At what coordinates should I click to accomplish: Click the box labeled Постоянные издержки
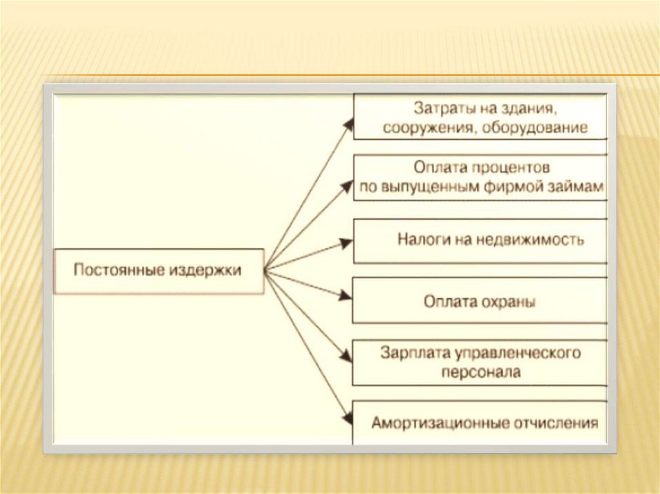point(158,271)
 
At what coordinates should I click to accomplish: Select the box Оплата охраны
point(480,301)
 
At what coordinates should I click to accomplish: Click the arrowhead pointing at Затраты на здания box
point(349,124)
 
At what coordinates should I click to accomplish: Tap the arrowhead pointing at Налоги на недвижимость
point(347,243)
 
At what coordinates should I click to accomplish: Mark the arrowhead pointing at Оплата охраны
point(346,297)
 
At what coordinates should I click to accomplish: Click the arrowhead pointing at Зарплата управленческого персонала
point(347,356)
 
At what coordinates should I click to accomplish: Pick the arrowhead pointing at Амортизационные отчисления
point(347,419)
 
